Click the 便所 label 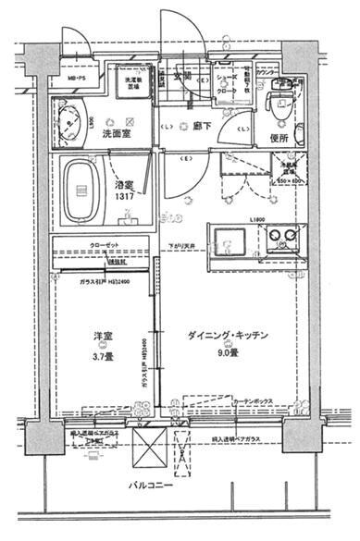pos(281,138)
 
